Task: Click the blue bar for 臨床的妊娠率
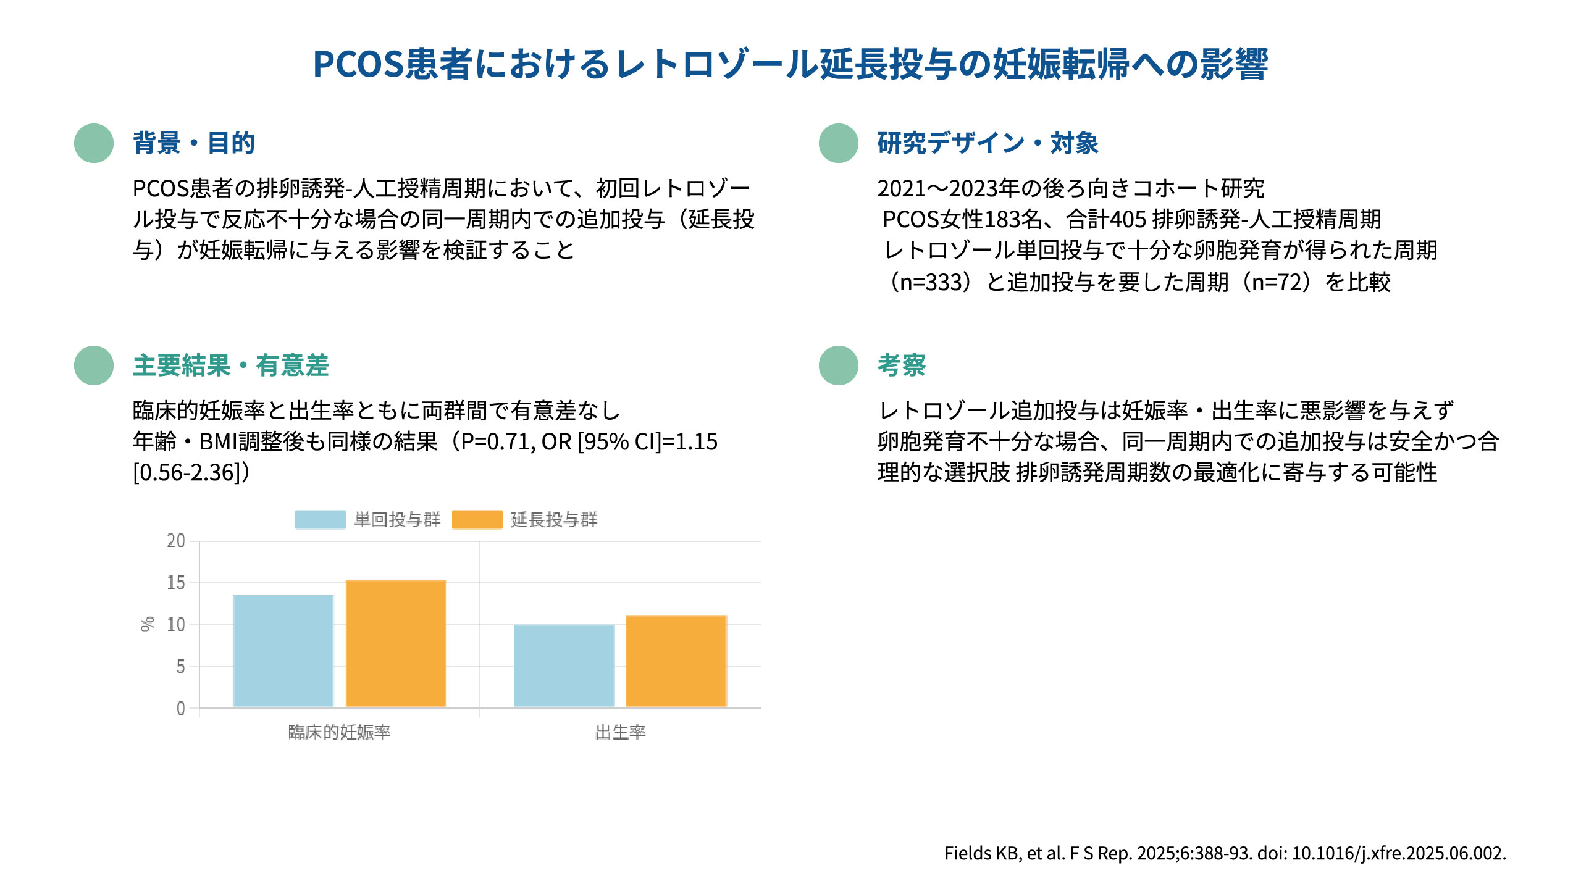(283, 651)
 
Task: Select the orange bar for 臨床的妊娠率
(395, 643)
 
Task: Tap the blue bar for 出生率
(564, 666)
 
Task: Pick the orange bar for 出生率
(676, 661)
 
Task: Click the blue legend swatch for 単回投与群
(320, 520)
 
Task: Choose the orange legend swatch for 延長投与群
(477, 520)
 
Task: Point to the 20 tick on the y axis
(176, 541)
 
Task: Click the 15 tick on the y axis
(176, 582)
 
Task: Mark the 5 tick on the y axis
(180, 666)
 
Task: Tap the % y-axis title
(147, 624)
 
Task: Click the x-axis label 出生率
(620, 732)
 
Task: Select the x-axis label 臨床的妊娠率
(339, 732)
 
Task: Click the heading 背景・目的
(194, 143)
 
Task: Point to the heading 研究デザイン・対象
(988, 143)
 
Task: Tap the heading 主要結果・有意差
(230, 365)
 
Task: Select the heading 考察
(902, 365)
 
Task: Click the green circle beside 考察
(838, 365)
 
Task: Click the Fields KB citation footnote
(1225, 853)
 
